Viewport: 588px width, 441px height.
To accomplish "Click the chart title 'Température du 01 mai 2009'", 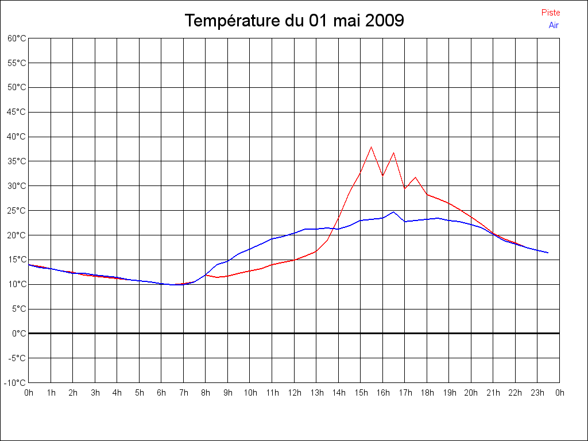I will pos(294,21).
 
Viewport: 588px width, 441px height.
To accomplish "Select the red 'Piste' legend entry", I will pos(551,13).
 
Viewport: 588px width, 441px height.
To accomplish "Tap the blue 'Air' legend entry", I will pos(554,25).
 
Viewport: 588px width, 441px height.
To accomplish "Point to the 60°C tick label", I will pos(17,38).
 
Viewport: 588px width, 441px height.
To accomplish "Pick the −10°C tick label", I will pos(16,383).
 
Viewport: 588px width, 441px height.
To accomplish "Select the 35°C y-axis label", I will pos(17,161).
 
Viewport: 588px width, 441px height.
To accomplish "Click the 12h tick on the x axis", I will pos(295,393).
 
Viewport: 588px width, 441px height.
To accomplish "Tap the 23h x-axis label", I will pos(537,393).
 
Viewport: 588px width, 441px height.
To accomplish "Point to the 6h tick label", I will pos(161,393).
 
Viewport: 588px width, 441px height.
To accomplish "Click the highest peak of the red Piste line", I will pos(372,147).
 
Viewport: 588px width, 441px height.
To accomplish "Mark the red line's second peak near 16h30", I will pos(393,153).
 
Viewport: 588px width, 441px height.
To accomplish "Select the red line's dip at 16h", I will pos(382,176).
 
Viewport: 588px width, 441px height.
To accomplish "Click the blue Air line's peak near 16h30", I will pos(393,212).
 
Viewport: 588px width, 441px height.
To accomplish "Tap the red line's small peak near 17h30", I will pos(416,177).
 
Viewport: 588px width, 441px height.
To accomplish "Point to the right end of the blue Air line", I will pos(548,253).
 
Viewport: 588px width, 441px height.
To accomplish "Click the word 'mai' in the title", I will pos(345,21).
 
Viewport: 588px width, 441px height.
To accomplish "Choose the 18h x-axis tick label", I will pos(427,393).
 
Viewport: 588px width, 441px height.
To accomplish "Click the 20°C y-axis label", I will pos(17,235).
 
